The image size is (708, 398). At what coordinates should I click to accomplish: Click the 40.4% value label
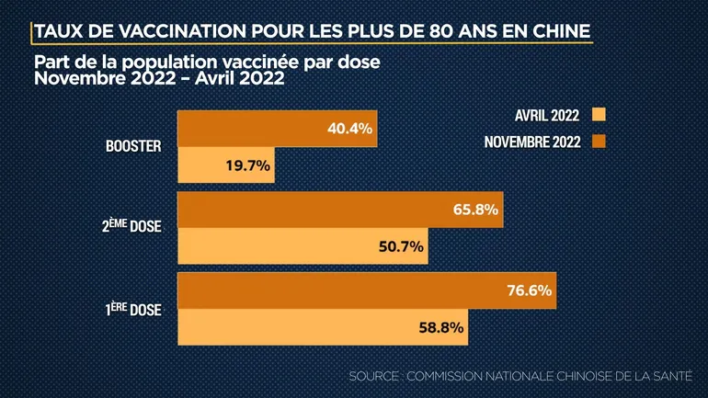pyautogui.click(x=349, y=130)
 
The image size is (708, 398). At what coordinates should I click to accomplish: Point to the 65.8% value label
pyautogui.click(x=476, y=210)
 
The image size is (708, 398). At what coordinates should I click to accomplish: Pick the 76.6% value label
pyautogui.click(x=530, y=290)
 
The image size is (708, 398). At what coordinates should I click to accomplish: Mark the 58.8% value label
pyautogui.click(x=440, y=326)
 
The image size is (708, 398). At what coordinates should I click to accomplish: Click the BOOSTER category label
pyautogui.click(x=133, y=146)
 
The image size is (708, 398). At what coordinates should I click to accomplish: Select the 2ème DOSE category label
pyautogui.click(x=131, y=226)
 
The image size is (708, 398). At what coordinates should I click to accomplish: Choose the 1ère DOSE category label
pyautogui.click(x=133, y=308)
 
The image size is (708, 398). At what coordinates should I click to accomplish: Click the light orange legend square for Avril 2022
pyautogui.click(x=601, y=115)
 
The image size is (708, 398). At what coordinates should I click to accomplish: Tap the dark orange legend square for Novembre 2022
pyautogui.click(x=601, y=142)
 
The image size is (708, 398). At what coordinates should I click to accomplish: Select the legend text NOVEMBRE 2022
pyautogui.click(x=533, y=142)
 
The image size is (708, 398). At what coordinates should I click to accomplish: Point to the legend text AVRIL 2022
pyautogui.click(x=548, y=115)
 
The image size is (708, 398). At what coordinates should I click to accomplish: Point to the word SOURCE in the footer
pyautogui.click(x=374, y=377)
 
